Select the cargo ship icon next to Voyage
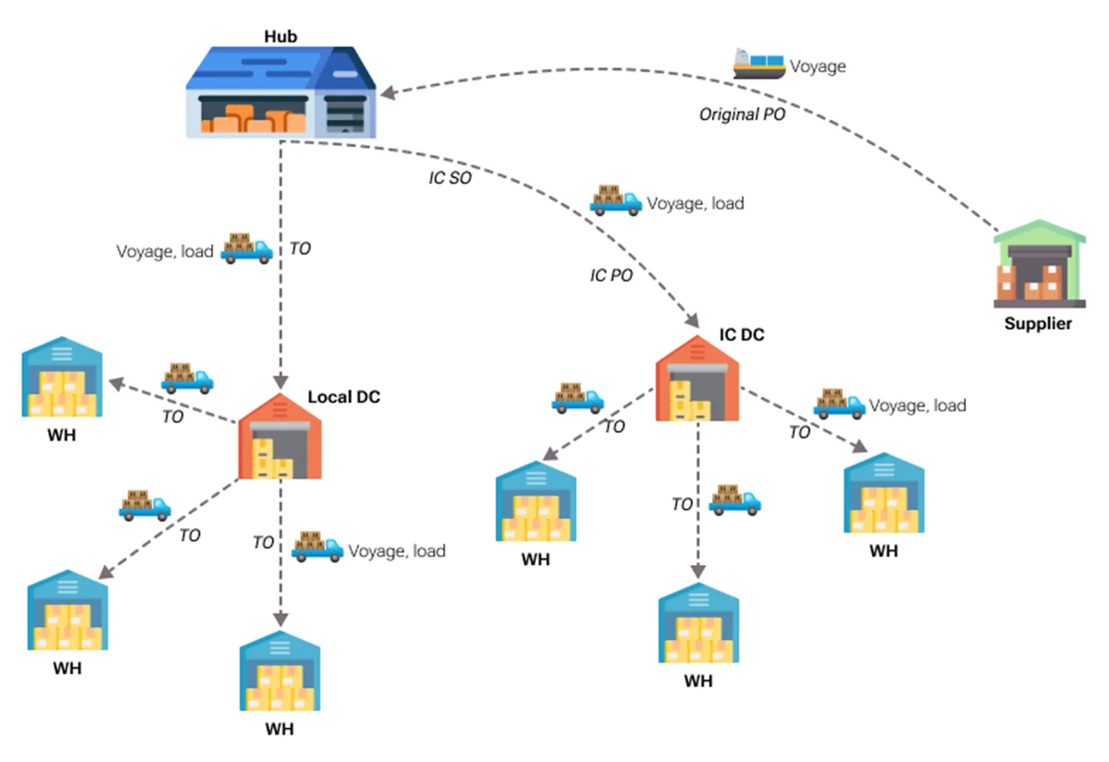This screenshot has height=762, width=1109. click(x=759, y=64)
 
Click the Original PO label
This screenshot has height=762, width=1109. click(x=742, y=114)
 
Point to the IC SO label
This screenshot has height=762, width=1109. click(x=450, y=178)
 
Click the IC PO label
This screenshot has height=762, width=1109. click(x=611, y=276)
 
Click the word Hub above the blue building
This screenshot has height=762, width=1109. click(x=281, y=37)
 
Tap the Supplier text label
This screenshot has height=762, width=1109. click(x=1038, y=324)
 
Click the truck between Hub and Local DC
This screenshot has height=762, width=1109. click(x=247, y=249)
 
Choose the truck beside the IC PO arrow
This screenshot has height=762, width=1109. click(x=615, y=200)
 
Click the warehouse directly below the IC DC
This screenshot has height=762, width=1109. click(x=698, y=623)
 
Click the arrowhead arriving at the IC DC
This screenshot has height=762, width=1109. click(x=692, y=320)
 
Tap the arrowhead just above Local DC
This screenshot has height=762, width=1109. click(x=281, y=381)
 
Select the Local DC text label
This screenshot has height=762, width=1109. click(x=344, y=397)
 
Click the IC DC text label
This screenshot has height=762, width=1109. click(x=742, y=335)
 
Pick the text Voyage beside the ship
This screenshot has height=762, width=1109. click(x=818, y=67)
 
